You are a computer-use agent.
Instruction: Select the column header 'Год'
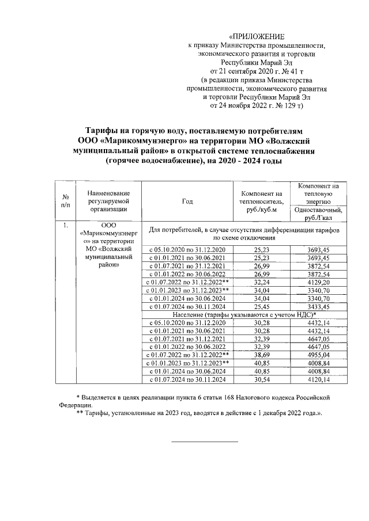pyautogui.click(x=187, y=201)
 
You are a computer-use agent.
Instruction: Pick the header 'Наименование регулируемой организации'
pyautogui.click(x=108, y=201)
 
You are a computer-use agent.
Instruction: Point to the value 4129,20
pyautogui.click(x=318, y=283)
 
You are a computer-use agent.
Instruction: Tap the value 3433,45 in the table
pyautogui.click(x=318, y=307)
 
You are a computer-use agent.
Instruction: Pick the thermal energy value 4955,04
pyautogui.click(x=318, y=356)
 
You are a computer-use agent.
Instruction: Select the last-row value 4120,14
pyautogui.click(x=318, y=380)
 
